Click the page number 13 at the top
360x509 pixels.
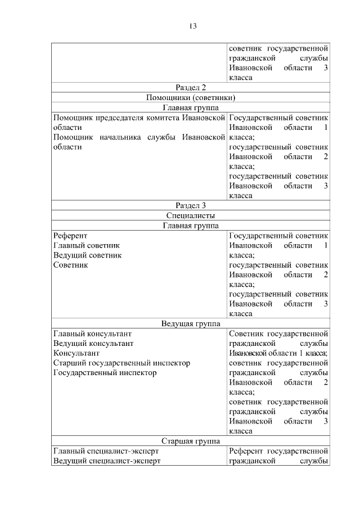pyautogui.click(x=191, y=26)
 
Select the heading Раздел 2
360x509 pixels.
pyautogui.click(x=191, y=87)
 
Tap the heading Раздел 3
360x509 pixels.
pyautogui.click(x=191, y=205)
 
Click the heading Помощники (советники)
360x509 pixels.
pyautogui.click(x=191, y=98)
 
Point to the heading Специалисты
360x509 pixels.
pyautogui.click(x=191, y=215)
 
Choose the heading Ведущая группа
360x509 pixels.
pyautogui.click(x=191, y=323)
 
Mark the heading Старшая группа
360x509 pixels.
pyautogui.click(x=191, y=442)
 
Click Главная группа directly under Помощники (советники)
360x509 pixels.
pyautogui.click(x=191, y=108)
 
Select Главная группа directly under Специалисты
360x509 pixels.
pyautogui.click(x=191, y=226)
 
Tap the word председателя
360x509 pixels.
pyautogui.click(x=119, y=118)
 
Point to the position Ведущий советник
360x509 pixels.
pyautogui.click(x=87, y=255)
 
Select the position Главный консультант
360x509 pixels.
pyautogui.click(x=93, y=333)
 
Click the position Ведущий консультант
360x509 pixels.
pyautogui.click(x=93, y=343)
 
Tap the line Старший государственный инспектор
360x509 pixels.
pyautogui.click(x=121, y=363)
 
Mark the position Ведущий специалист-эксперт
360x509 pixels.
pyautogui.click(x=107, y=461)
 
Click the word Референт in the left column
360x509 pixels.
pyautogui.click(x=70, y=236)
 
